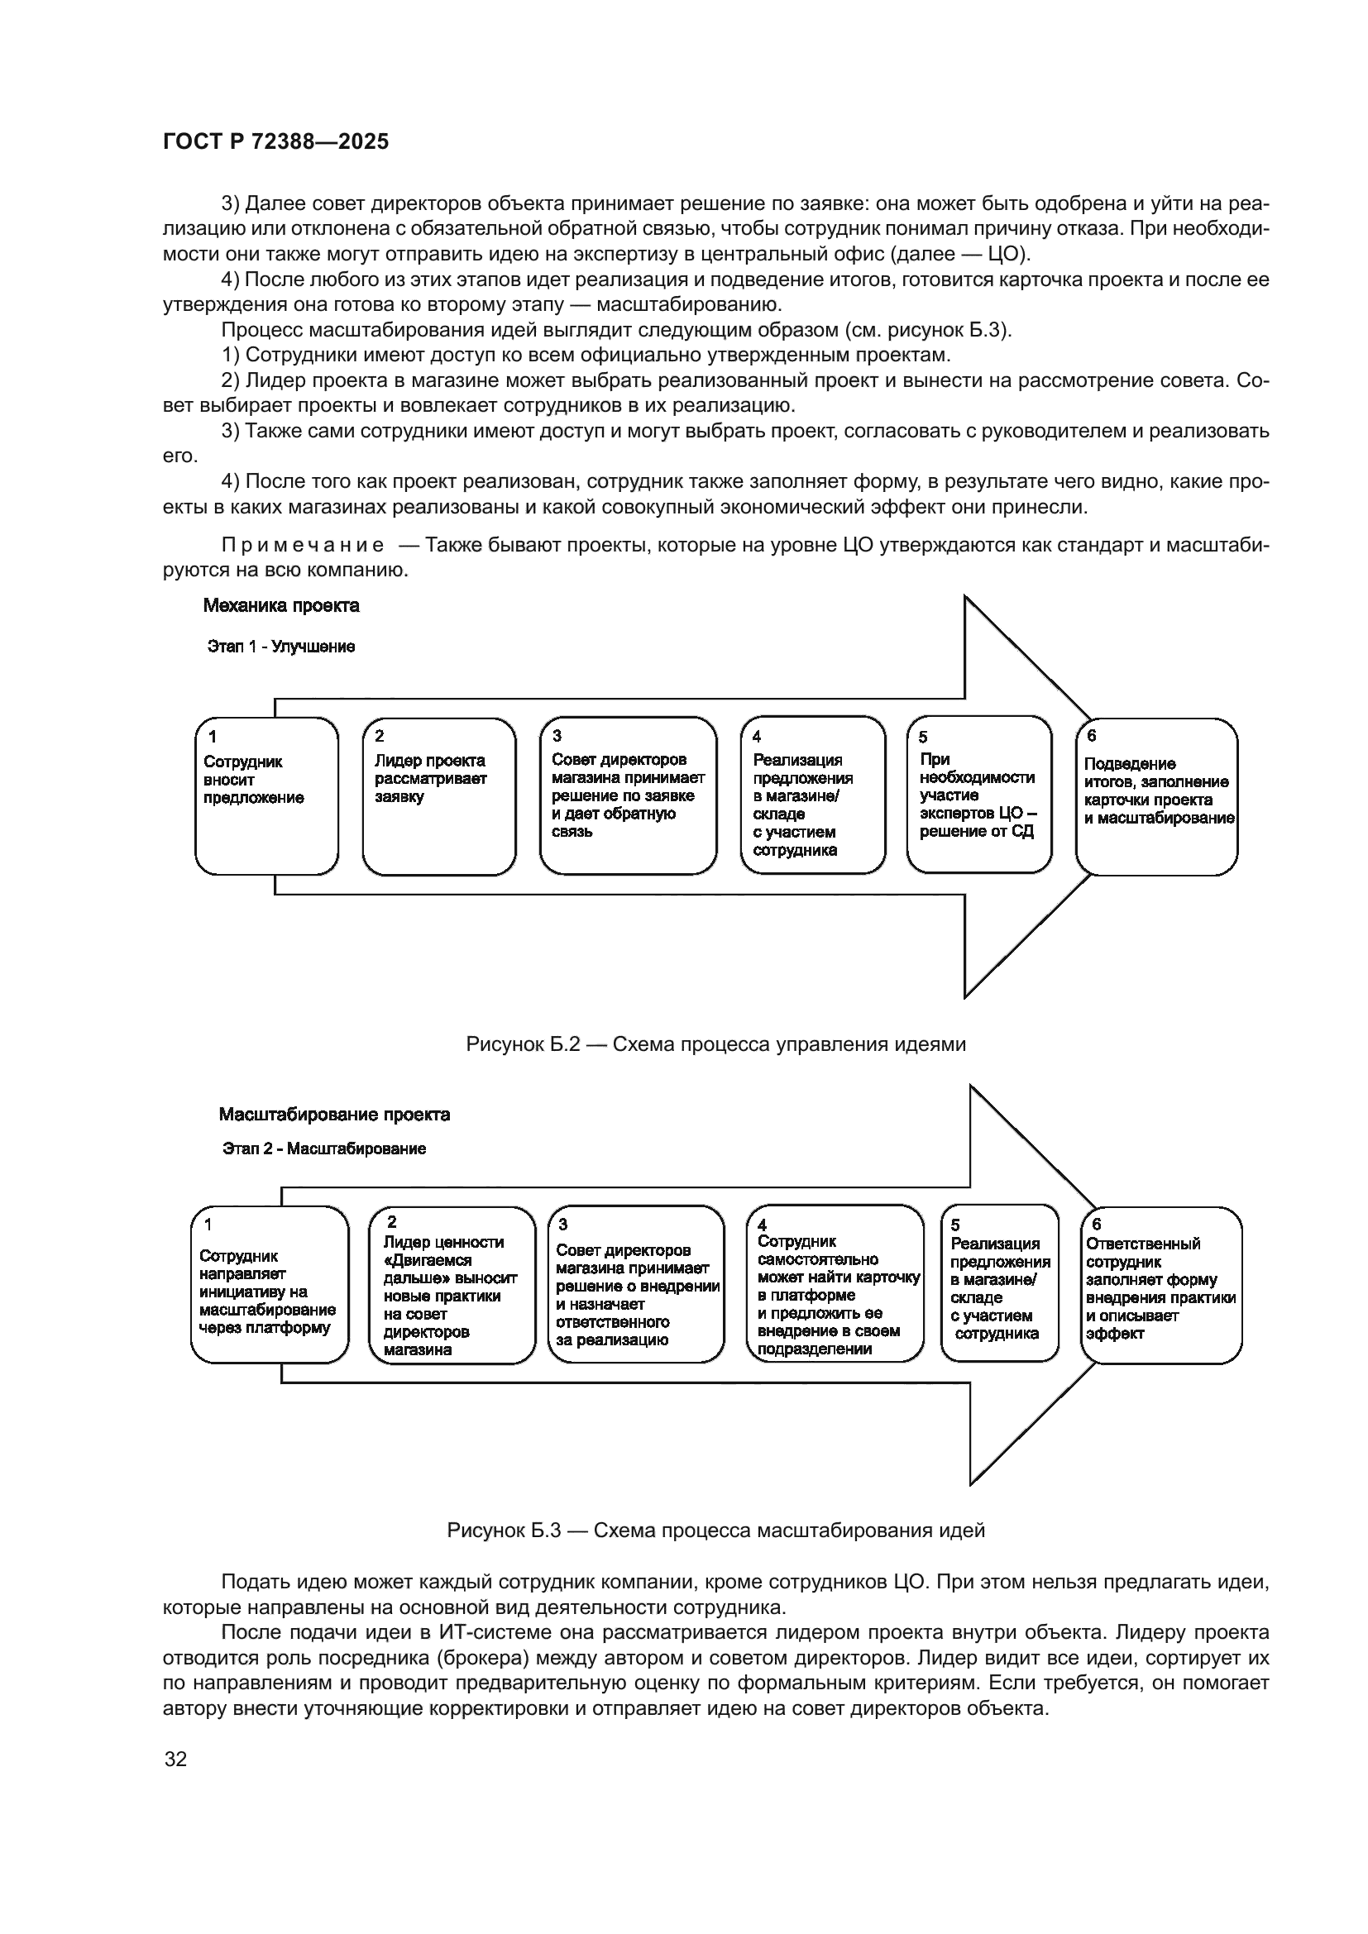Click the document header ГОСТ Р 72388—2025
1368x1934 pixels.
[275, 142]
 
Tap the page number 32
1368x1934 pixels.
[175, 1759]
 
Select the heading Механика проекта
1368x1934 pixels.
[281, 605]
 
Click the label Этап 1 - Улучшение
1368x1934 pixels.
[281, 647]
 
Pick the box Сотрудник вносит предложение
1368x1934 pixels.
[266, 796]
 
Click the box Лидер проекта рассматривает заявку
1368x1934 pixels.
[439, 796]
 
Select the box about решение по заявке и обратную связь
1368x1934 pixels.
[628, 796]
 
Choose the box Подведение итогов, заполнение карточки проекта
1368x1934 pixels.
[1156, 797]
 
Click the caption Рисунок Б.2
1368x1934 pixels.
[715, 1044]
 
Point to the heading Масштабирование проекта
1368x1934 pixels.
[334, 1115]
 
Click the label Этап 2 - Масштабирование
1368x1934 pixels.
[324, 1149]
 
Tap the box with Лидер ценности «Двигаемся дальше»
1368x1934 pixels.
[452, 1286]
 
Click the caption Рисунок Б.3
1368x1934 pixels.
[715, 1530]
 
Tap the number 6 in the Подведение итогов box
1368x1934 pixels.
[1092, 735]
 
